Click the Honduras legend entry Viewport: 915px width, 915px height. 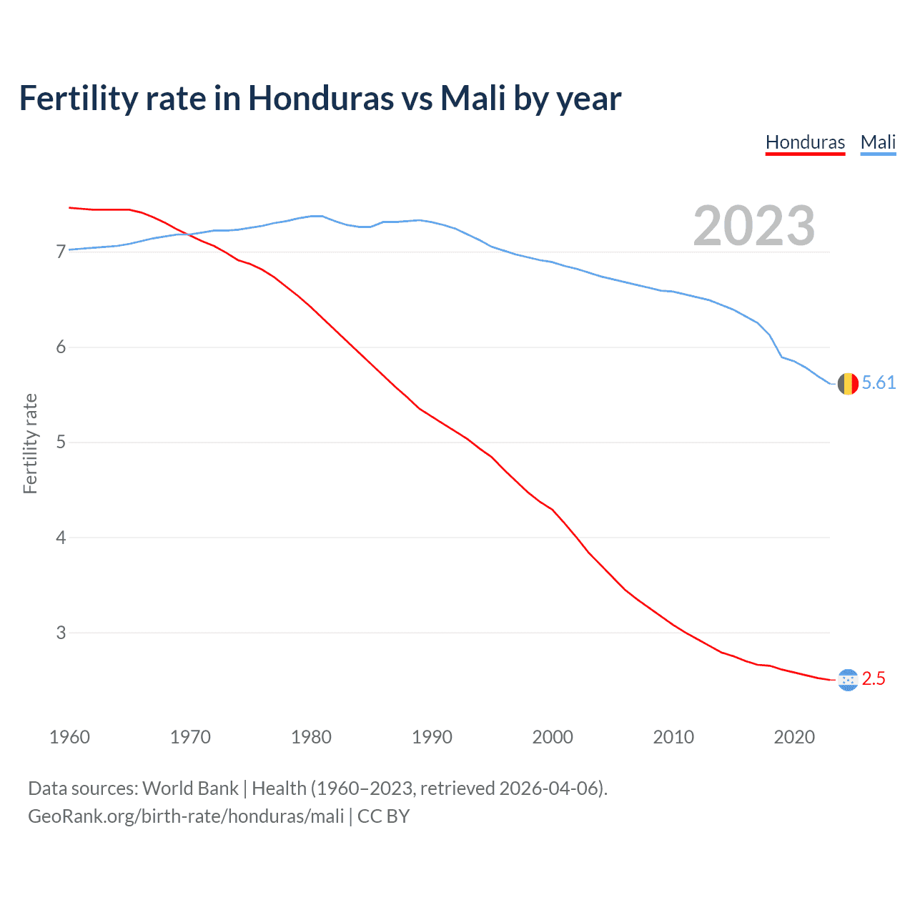pos(805,142)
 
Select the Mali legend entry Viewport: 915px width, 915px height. pos(878,142)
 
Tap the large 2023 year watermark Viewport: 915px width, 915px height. pos(754,226)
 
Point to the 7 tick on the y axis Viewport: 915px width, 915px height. pos(61,252)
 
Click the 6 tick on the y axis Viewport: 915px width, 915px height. pos(61,347)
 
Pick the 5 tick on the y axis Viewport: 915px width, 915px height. pos(61,442)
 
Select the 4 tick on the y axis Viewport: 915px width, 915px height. pos(61,537)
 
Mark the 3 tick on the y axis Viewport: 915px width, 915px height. pos(61,633)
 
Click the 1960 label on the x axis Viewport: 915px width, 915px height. pos(69,737)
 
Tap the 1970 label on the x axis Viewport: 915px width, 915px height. pos(190,737)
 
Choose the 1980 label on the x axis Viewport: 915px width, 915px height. pos(311,737)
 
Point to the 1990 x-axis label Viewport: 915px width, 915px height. pos(432,737)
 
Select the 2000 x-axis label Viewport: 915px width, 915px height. pos(553,737)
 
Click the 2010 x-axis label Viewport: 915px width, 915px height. pos(673,737)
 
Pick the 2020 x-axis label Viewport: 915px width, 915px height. pos(794,737)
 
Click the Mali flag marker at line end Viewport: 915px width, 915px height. pos(848,384)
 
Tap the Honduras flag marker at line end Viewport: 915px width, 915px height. pos(848,680)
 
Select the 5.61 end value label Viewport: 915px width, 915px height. pos(879,383)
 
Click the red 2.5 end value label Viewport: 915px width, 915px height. pos(874,679)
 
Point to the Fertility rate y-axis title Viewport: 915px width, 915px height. pos(30,443)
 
